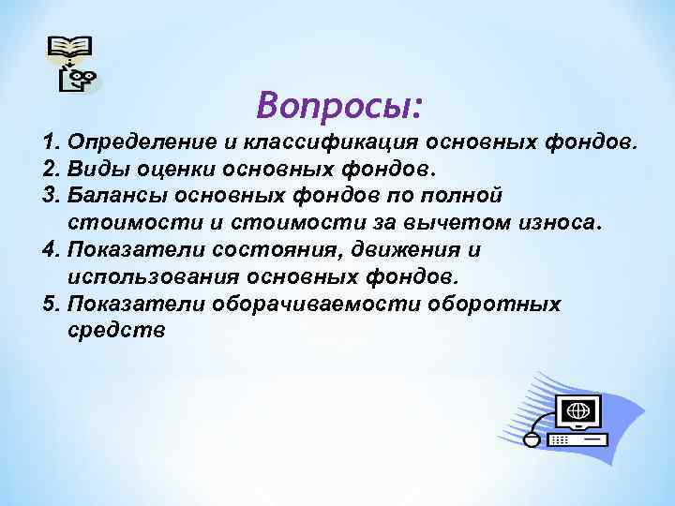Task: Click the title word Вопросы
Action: [x=340, y=105]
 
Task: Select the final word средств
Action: [x=117, y=330]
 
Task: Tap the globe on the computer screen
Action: [x=578, y=409]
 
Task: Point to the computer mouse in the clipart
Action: [x=532, y=438]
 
